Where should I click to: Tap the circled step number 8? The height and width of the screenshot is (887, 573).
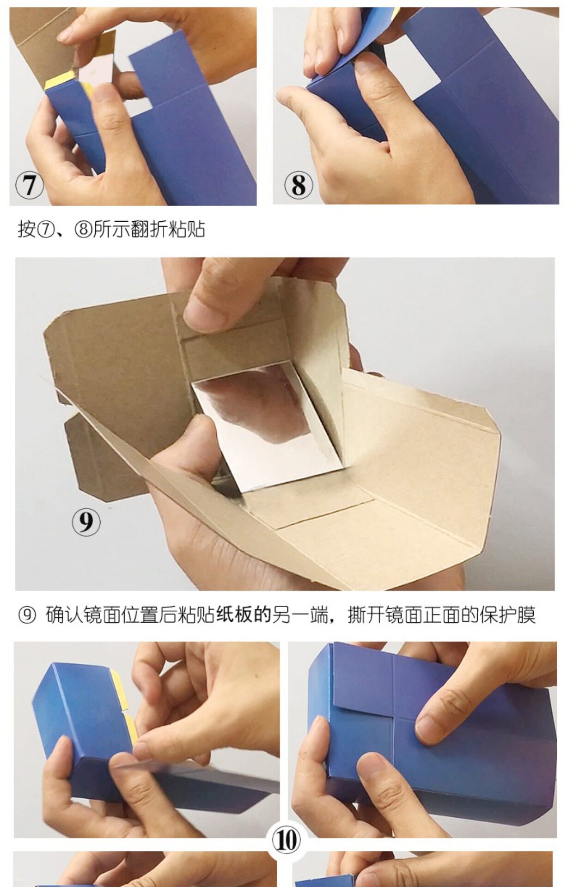tap(299, 185)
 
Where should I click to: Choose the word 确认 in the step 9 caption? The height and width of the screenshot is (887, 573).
tap(64, 615)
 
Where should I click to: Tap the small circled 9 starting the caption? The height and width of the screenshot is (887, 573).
tap(27, 615)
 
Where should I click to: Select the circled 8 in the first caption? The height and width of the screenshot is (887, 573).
tap(83, 229)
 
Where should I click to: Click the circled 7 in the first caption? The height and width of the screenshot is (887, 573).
tap(45, 229)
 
